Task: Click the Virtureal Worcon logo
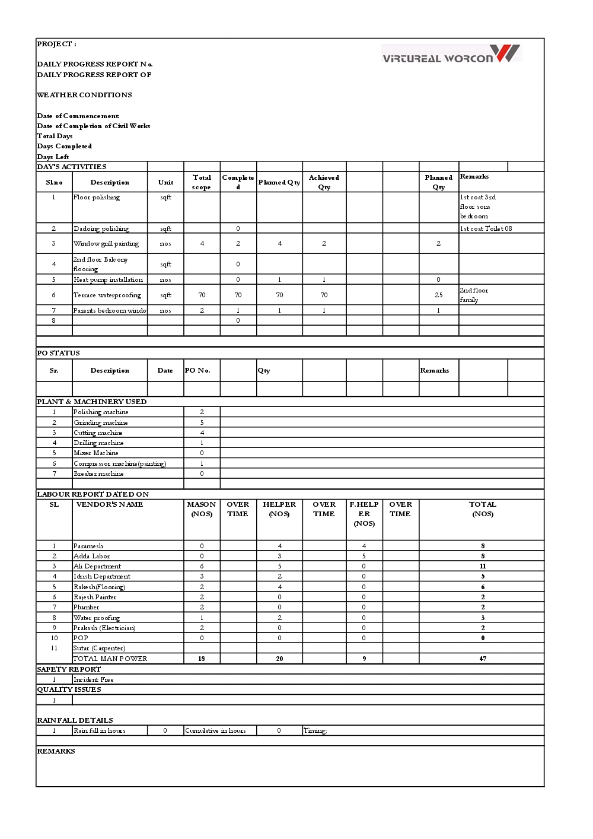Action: click(x=451, y=54)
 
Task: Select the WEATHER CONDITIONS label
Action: click(x=84, y=95)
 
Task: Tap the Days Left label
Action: click(x=53, y=157)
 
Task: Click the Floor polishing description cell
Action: click(x=97, y=198)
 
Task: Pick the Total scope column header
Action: click(x=202, y=182)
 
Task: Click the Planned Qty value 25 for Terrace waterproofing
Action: click(x=438, y=295)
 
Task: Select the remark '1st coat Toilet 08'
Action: click(x=486, y=228)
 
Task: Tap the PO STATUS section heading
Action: click(x=58, y=353)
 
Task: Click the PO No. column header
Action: click(x=197, y=370)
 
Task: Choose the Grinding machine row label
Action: click(x=100, y=422)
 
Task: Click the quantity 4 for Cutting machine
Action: click(x=202, y=433)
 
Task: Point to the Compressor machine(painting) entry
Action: click(x=120, y=463)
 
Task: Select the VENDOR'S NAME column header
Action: click(x=110, y=504)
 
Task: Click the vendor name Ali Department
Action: click(x=97, y=566)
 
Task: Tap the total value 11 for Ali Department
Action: click(x=483, y=566)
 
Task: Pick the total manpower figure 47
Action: click(x=483, y=659)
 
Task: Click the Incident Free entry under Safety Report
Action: click(x=93, y=679)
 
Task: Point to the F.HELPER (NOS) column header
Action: click(x=364, y=514)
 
